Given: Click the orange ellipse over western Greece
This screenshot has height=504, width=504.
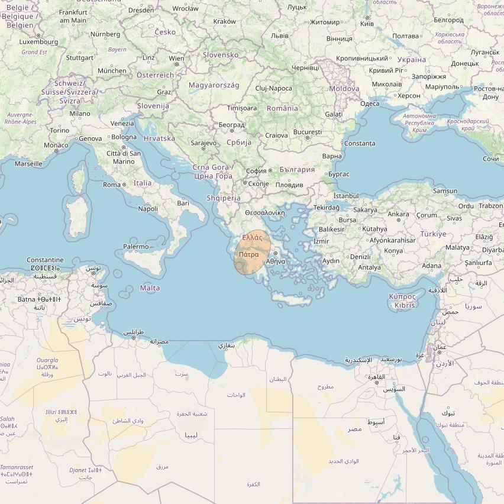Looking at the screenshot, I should pos(253,253).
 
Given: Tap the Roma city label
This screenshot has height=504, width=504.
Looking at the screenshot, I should pos(112,185).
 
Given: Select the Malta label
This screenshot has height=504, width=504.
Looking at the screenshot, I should pos(150,288).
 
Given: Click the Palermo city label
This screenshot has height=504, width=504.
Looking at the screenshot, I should pos(135,247).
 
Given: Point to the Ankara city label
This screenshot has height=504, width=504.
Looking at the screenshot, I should pos(398,214).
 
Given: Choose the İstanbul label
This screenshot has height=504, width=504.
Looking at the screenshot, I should pos(346,196).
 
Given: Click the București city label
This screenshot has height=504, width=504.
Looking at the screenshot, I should pos(306,132).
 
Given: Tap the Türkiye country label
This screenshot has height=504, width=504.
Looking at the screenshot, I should pos(433,234).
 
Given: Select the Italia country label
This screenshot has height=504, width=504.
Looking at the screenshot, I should pos(142,183).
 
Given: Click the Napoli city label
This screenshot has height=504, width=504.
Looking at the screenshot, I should pos(148,208).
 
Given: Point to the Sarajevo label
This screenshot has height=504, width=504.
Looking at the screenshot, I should pos(203,143).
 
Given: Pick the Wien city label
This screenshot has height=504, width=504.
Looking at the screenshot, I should pos(176,59).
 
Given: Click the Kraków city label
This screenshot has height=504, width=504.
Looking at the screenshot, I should pos(224,21).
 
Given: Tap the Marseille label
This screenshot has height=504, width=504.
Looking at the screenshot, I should pos(28,163).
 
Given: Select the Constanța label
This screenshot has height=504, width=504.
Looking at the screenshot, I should pos(360,143).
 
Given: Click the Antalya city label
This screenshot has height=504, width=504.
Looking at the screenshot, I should pos(370,267).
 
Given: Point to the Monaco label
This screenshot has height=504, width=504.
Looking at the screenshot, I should pos(56,145).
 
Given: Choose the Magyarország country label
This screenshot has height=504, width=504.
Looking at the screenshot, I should pos(214,85).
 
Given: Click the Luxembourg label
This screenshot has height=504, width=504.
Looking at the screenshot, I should pos(39,42).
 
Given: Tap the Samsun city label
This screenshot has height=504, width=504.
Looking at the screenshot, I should pos(445,191).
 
